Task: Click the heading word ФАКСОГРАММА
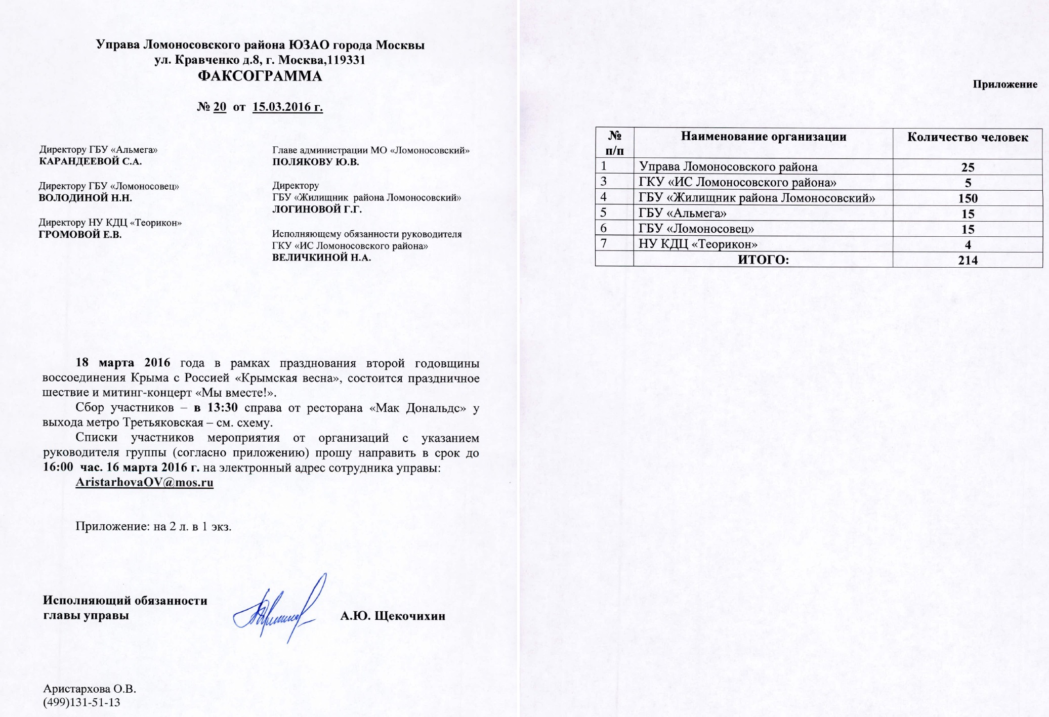click(x=260, y=76)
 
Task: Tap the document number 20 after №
click(x=220, y=107)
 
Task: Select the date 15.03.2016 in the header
click(x=287, y=107)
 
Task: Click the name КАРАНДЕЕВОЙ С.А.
click(x=90, y=161)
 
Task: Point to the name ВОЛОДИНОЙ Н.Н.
click(x=86, y=198)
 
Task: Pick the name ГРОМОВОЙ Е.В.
click(x=80, y=234)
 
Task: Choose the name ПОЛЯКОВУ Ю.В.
click(x=316, y=162)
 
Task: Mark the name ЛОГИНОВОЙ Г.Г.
click(x=317, y=209)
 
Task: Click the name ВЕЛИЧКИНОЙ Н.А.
click(x=322, y=257)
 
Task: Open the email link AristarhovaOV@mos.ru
click(x=144, y=482)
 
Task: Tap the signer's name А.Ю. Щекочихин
click(x=393, y=616)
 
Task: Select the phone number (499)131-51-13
click(x=82, y=702)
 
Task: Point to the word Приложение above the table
click(x=1005, y=85)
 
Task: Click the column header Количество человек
click(x=968, y=138)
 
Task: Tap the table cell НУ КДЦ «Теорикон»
click(x=698, y=244)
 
